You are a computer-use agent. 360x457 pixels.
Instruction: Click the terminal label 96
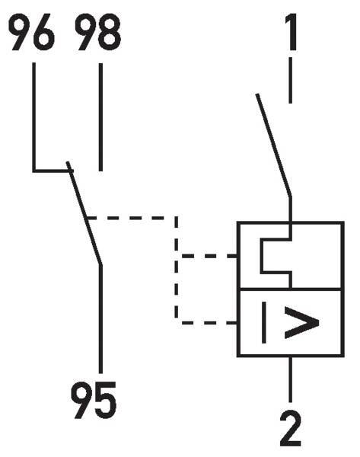click(x=31, y=32)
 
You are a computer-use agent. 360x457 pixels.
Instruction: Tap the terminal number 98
click(x=98, y=32)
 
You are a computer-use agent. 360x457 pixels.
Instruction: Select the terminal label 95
click(x=94, y=400)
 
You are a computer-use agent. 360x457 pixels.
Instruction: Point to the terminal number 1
click(x=292, y=32)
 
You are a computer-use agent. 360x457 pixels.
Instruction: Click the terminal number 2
click(x=291, y=428)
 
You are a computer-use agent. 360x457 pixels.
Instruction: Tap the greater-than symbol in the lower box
click(x=301, y=322)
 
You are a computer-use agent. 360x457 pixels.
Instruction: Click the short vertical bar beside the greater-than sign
click(x=264, y=322)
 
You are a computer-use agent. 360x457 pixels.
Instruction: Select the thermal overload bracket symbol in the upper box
click(x=276, y=256)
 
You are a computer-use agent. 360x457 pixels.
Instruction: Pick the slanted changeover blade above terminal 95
click(x=84, y=213)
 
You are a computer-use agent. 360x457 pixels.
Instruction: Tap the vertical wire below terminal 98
click(x=100, y=117)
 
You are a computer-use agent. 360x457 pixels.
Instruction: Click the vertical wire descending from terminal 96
click(x=34, y=117)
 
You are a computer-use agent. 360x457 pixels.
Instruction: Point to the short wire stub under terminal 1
click(x=291, y=80)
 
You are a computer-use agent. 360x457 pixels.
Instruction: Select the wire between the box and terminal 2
click(x=291, y=379)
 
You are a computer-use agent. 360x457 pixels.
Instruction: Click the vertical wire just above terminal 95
click(x=100, y=319)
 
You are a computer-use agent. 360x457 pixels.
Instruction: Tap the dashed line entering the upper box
click(x=209, y=256)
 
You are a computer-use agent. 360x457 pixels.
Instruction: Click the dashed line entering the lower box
click(x=209, y=323)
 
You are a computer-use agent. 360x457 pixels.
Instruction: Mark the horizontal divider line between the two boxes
click(x=291, y=289)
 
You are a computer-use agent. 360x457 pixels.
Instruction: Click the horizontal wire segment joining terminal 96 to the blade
click(x=53, y=170)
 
